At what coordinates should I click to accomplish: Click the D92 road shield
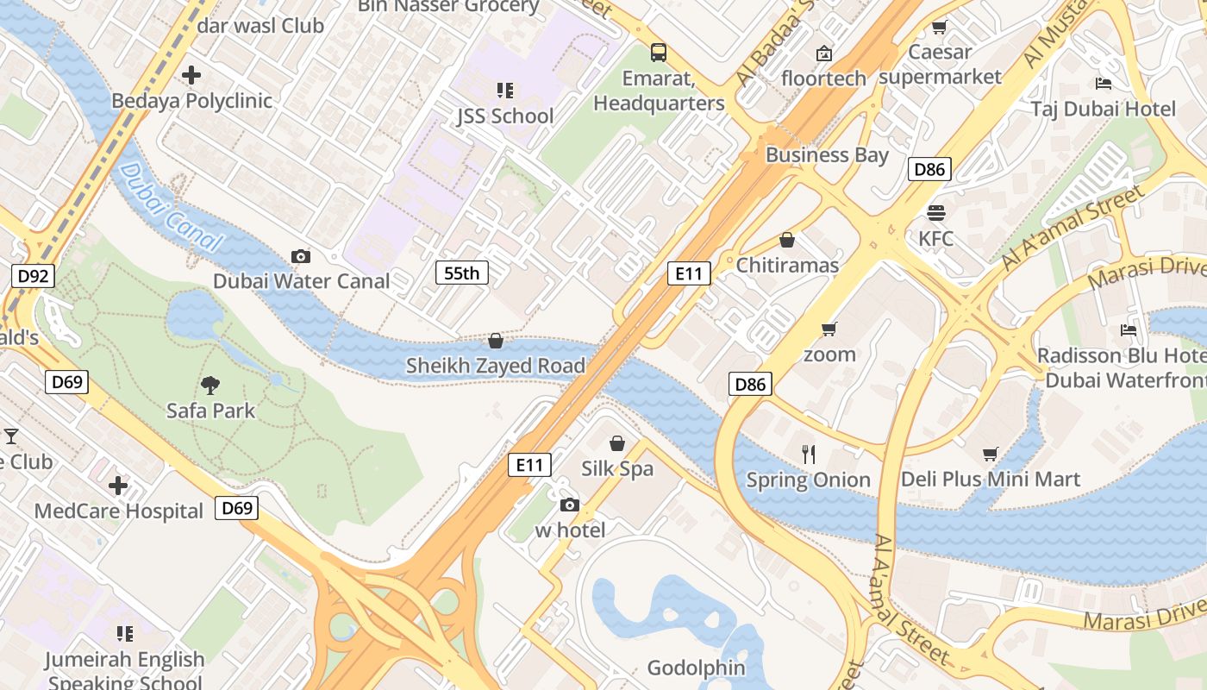34,276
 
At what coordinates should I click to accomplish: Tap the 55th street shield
461,273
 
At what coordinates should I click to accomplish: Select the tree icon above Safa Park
210,385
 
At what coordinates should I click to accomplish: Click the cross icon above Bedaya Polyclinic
191,76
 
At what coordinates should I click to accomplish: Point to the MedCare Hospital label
119,511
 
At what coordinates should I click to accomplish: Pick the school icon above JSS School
504,91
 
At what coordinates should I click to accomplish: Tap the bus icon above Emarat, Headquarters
659,53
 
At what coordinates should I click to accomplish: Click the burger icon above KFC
936,213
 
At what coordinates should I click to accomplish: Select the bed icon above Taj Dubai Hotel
1103,84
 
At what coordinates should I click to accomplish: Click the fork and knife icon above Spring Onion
809,455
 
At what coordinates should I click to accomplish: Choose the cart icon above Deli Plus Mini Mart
991,454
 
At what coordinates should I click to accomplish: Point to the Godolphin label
696,668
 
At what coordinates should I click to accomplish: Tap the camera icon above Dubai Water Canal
301,256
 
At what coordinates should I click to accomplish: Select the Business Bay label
827,155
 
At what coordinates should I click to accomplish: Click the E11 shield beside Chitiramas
689,274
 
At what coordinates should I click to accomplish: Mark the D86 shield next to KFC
929,169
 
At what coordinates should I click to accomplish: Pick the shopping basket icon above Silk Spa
617,443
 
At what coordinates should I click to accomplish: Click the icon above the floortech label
824,53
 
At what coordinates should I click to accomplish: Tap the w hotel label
570,530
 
